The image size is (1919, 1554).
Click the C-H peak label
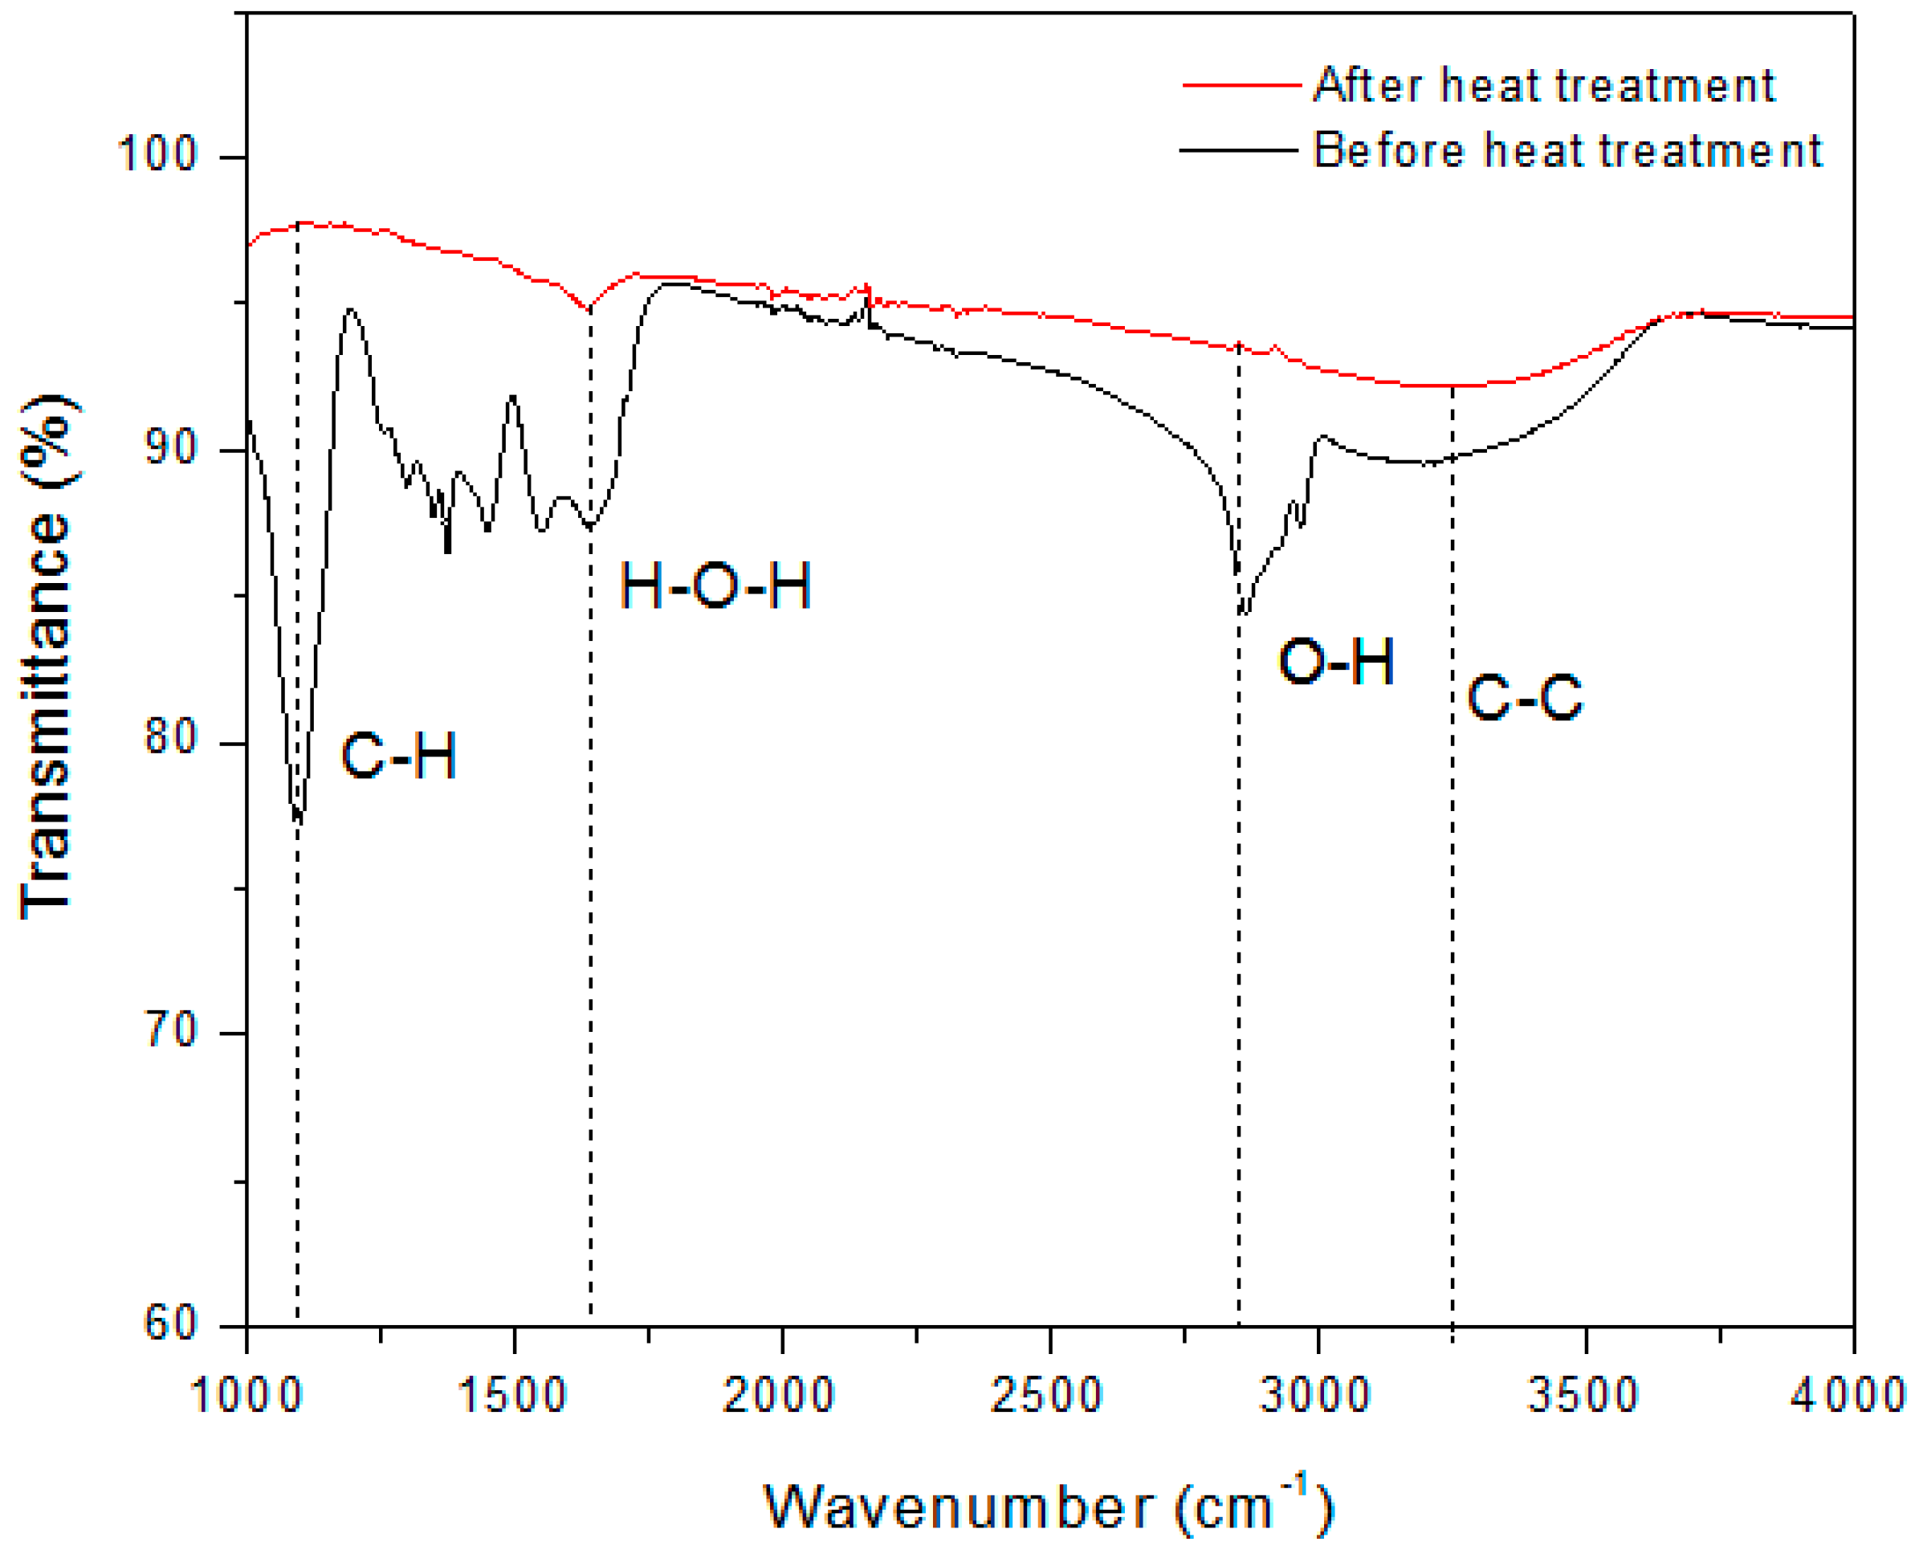tap(399, 756)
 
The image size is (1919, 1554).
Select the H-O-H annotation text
tap(715, 586)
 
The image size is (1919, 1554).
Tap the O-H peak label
tap(1335, 663)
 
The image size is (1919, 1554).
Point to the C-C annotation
tap(1524, 697)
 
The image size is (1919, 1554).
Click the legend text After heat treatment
tap(1544, 86)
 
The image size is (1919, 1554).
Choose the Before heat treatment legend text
tap(1567, 150)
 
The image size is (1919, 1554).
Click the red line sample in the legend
tap(1241, 86)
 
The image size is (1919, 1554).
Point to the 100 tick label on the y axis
tap(157, 154)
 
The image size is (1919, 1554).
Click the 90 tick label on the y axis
tap(170, 447)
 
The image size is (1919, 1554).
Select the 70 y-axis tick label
tap(170, 1030)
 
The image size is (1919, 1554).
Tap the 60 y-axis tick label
tap(170, 1322)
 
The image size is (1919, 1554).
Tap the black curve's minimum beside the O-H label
tap(1244, 612)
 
